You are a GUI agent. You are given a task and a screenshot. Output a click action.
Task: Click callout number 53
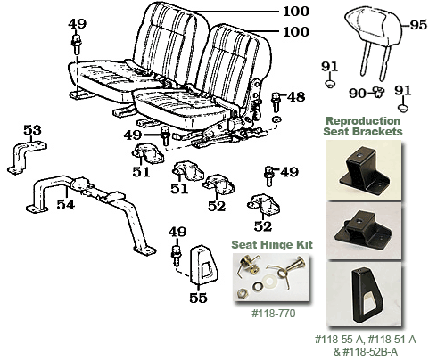(x=32, y=131)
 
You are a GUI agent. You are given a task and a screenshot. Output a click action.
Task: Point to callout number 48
(x=296, y=96)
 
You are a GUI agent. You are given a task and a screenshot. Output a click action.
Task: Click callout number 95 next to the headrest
(x=418, y=26)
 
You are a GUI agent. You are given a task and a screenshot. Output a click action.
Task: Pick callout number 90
(x=357, y=93)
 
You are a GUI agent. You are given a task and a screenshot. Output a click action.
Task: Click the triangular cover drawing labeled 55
(x=194, y=258)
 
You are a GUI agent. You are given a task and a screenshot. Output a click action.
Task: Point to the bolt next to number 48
(x=276, y=100)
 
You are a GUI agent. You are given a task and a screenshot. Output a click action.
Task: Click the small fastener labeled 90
(x=377, y=92)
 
